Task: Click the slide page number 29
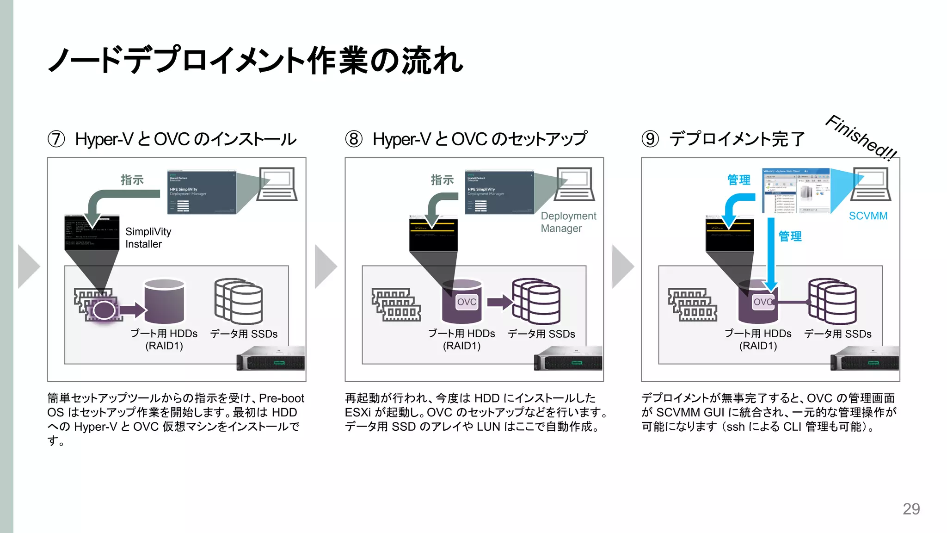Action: tap(911, 509)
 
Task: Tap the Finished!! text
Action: tap(861, 137)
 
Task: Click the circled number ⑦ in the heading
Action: tap(56, 139)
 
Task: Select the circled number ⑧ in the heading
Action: tap(354, 139)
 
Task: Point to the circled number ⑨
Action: tap(650, 139)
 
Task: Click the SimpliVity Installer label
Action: tap(148, 238)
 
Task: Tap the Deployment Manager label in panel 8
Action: tap(568, 222)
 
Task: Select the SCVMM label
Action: tap(868, 216)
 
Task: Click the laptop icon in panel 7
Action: tap(277, 184)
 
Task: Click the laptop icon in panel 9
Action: tap(871, 184)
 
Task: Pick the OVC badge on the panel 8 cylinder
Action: tap(467, 302)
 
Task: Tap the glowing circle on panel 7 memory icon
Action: tap(104, 310)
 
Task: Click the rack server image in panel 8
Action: tap(568, 359)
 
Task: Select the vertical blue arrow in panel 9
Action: tap(771, 252)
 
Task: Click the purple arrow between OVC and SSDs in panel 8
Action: tap(499, 303)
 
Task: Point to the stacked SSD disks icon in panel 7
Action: tap(239, 301)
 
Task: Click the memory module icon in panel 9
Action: tap(692, 305)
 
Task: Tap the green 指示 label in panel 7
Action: tap(132, 180)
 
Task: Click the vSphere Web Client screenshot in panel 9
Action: tap(796, 191)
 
